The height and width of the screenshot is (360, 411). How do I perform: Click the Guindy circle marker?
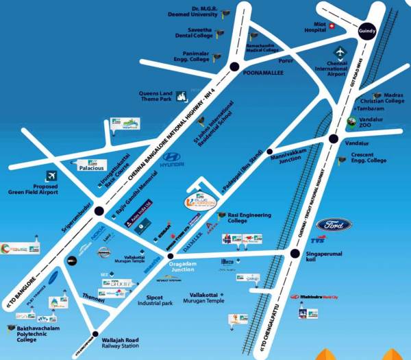(366, 31)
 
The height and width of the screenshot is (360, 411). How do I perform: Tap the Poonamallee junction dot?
(234, 67)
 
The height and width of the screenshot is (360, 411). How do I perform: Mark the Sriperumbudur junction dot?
(100, 213)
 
